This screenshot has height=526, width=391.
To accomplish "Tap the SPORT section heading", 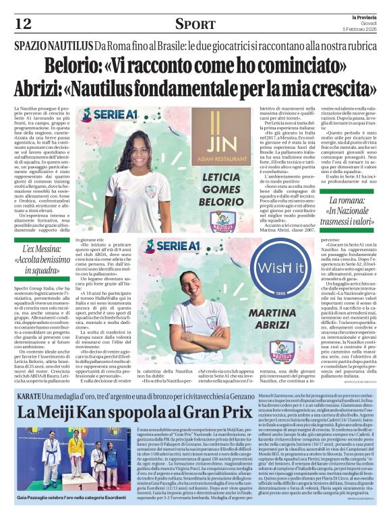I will click(195, 24).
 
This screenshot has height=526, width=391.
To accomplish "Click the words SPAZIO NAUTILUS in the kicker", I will click(53, 46).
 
